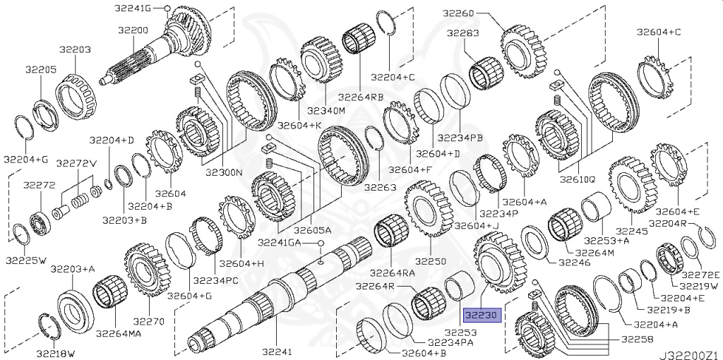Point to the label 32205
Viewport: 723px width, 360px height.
[x=41, y=70]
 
